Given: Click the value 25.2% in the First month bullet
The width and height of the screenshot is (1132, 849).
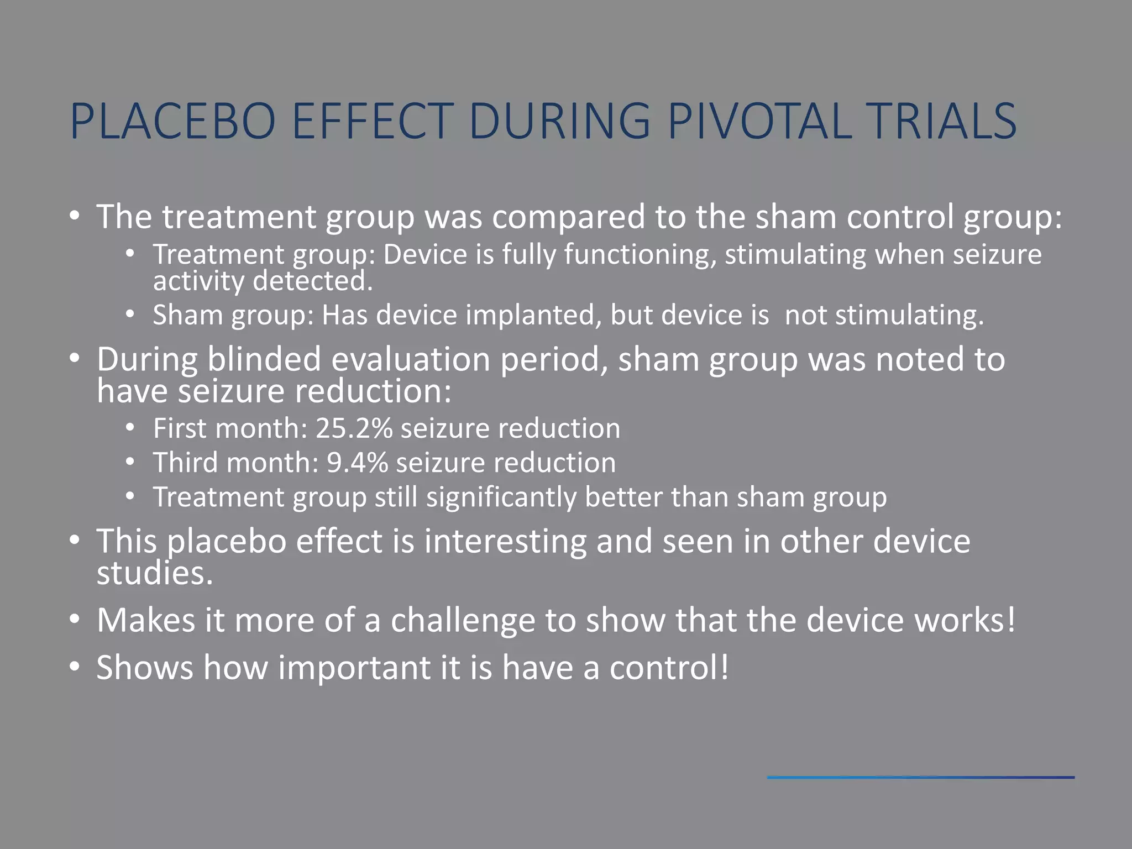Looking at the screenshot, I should pos(354,428).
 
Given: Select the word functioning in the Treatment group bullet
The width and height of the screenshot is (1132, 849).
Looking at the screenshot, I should pos(636,255).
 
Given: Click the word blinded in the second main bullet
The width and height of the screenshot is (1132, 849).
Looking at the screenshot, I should pos(264,359).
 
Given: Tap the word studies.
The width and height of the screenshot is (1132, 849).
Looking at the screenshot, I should pos(154,573).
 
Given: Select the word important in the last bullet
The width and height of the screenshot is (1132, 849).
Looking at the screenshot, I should pos(354,668).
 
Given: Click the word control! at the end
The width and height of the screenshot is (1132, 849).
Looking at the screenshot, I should pos(669,668).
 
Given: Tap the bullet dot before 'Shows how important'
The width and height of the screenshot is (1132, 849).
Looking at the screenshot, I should pos(75,667).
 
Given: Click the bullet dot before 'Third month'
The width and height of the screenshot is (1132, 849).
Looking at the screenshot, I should pos(130,462).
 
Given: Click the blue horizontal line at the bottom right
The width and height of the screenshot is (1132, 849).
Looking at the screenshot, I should pos(920,778).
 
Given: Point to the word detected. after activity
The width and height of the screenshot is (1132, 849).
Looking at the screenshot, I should pos(313,281).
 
